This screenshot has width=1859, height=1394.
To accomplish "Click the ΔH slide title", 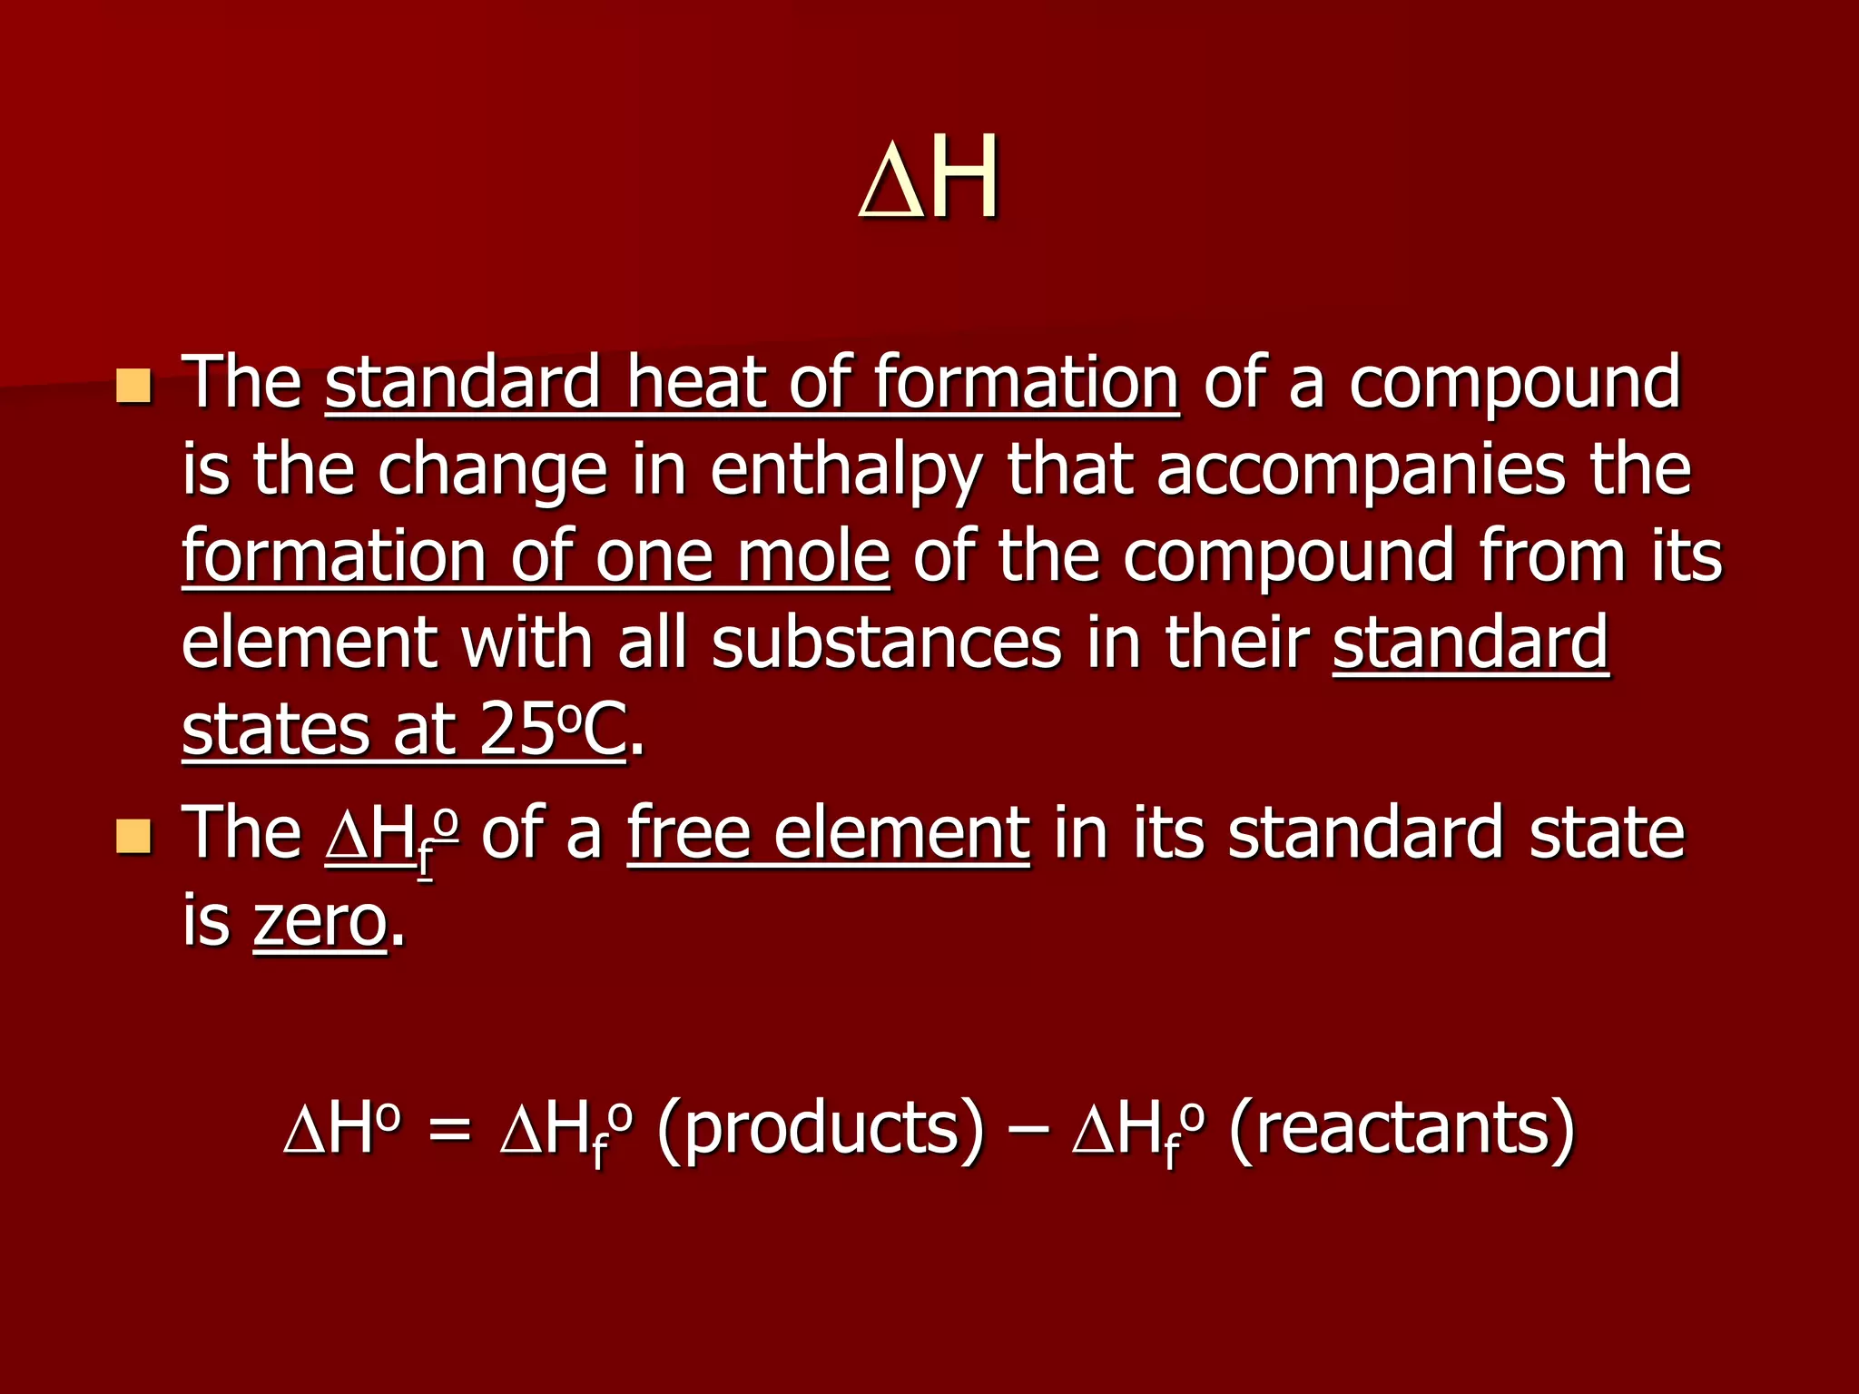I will [929, 178].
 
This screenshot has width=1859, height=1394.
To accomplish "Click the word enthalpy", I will [846, 472].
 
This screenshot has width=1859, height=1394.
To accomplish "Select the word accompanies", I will [1361, 472].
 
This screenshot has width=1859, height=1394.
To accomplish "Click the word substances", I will [886, 643].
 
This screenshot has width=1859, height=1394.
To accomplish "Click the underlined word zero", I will [320, 922].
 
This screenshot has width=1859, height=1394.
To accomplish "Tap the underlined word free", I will [688, 833].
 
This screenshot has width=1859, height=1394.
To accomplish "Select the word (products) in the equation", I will [820, 1129].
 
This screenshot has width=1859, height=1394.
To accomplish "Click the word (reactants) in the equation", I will [1402, 1129].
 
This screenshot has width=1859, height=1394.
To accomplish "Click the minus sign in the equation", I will [1027, 1131].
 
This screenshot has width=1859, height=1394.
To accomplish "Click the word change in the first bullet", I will [492, 472].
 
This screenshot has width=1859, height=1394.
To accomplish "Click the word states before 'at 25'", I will [275, 730].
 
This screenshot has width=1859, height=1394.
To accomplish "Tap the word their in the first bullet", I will [1236, 643].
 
